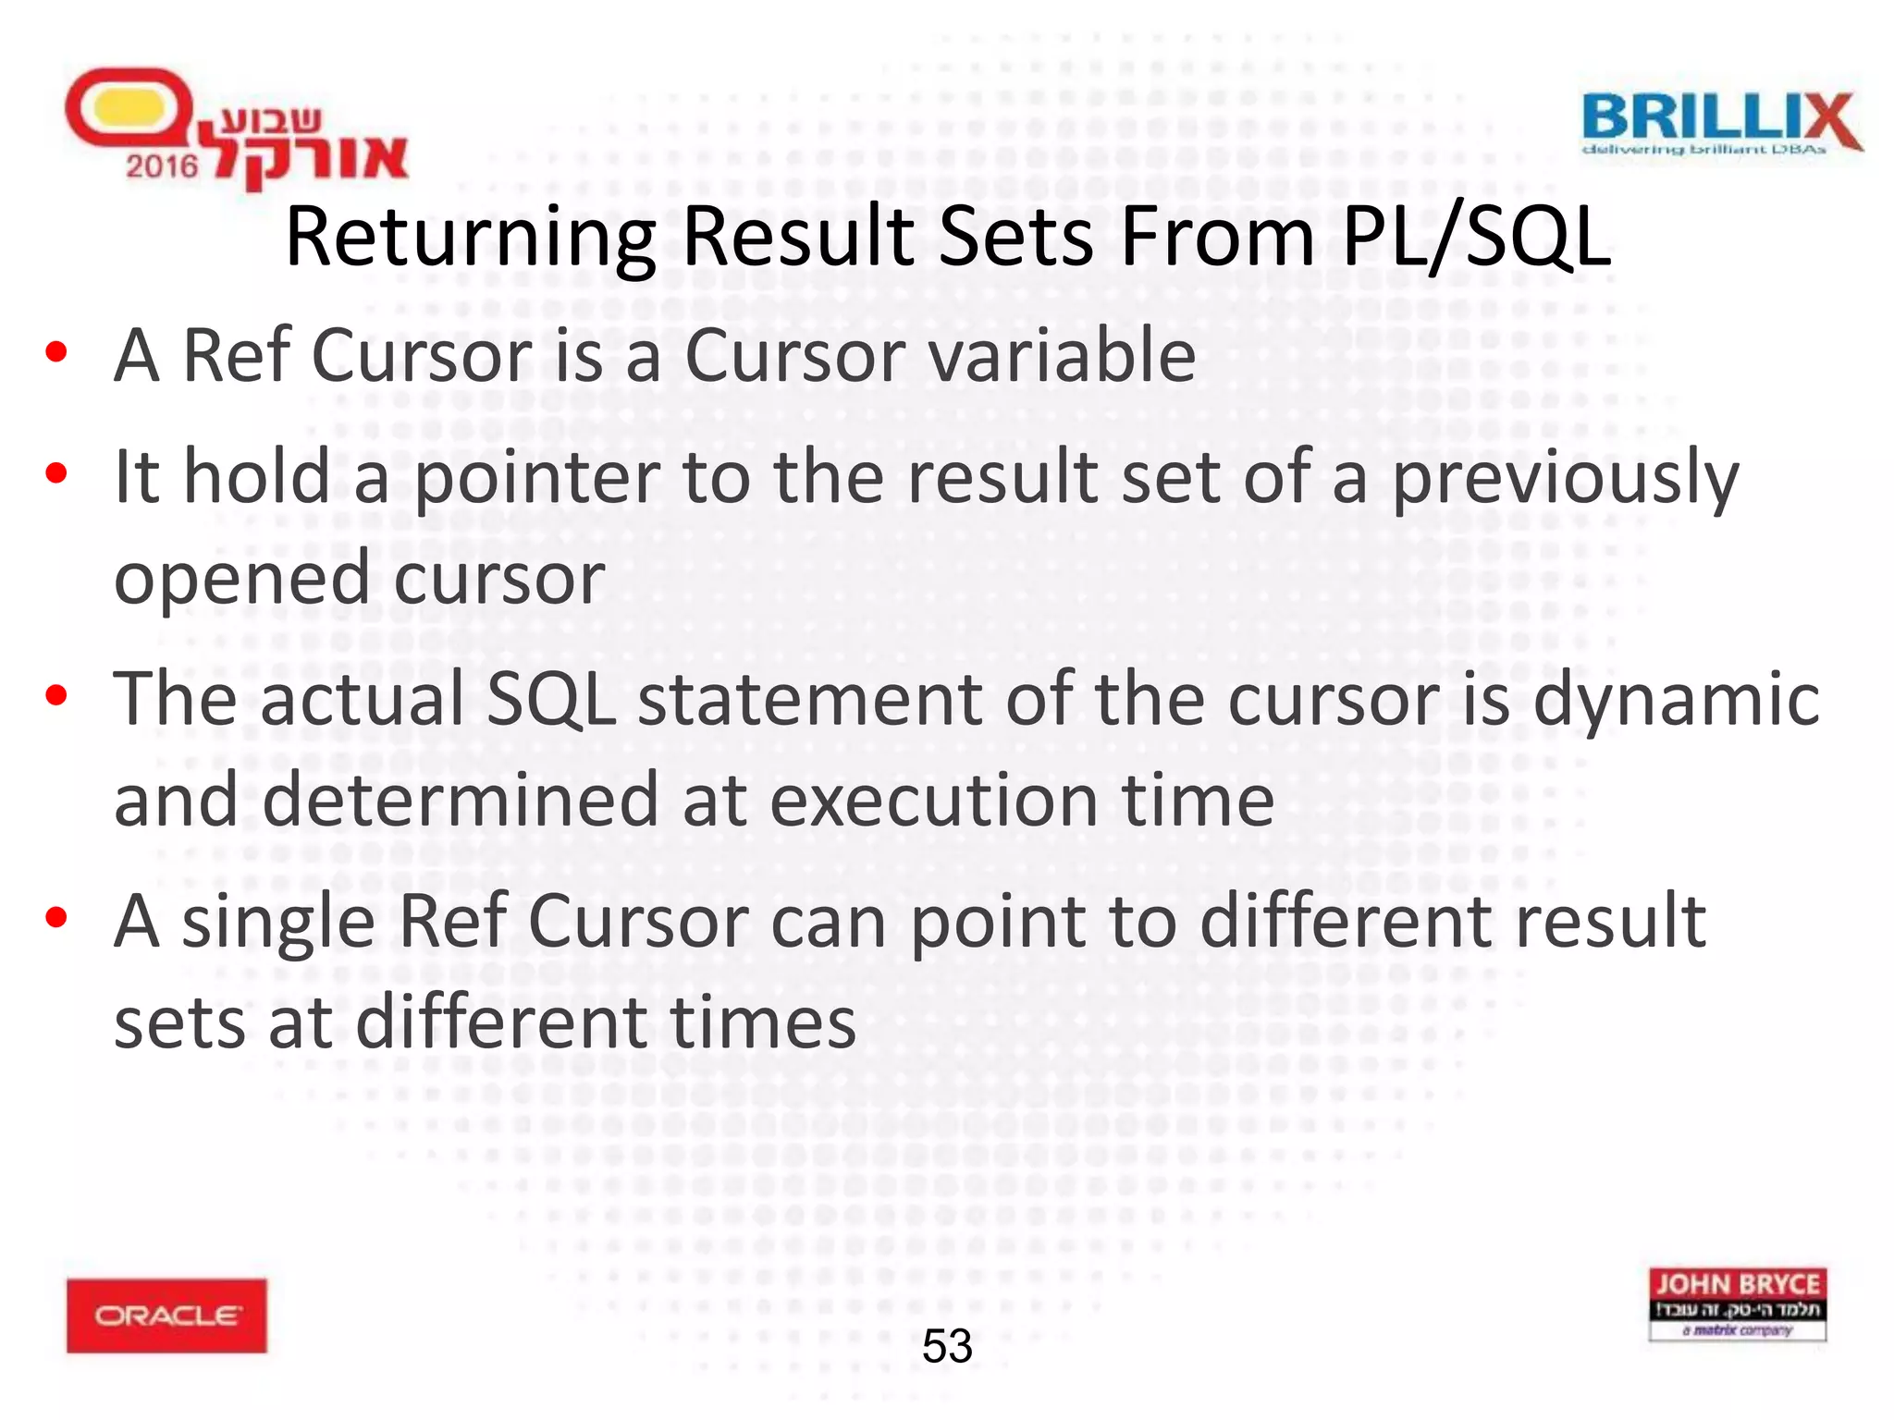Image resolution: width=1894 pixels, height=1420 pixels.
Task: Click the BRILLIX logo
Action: click(x=1721, y=122)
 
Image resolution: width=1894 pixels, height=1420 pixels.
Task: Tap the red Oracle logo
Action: click(x=166, y=1315)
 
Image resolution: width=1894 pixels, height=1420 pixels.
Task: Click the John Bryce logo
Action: click(x=1737, y=1304)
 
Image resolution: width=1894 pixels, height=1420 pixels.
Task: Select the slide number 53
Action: click(x=947, y=1346)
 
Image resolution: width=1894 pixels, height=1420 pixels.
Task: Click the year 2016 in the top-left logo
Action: click(x=162, y=166)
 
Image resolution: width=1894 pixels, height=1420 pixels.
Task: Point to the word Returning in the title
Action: click(x=471, y=239)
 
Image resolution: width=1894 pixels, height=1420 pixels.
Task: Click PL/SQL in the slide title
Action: click(x=1476, y=239)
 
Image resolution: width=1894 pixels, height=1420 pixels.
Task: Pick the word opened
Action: click(x=242, y=580)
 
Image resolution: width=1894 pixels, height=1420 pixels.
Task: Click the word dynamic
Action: click(x=1677, y=699)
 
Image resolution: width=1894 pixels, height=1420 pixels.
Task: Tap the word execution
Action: click(x=933, y=801)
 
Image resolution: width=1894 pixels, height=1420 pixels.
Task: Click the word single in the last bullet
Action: click(x=278, y=923)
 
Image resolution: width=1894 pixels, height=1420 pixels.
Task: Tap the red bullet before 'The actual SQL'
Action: click(x=56, y=695)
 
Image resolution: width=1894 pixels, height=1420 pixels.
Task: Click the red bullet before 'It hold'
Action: click(x=56, y=473)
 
